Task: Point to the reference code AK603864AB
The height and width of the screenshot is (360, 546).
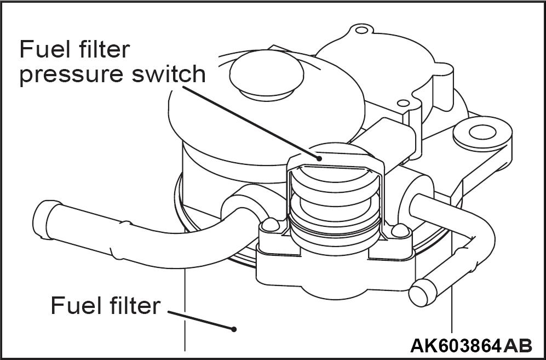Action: [x=470, y=345]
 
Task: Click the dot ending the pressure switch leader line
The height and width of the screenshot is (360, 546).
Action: [x=318, y=157]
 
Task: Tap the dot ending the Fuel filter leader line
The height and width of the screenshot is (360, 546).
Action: [x=234, y=329]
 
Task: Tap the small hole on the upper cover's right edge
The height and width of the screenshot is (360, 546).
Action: [x=403, y=103]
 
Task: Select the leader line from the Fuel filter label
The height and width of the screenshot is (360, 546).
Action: [x=200, y=320]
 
